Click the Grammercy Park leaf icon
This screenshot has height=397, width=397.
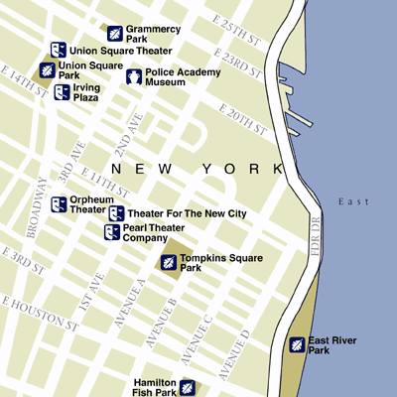[x=115, y=33]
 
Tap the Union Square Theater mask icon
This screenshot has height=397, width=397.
[x=59, y=50]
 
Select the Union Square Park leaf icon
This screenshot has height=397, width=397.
[x=47, y=70]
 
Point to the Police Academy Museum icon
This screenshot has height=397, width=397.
[x=133, y=77]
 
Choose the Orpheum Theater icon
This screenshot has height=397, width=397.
[x=59, y=204]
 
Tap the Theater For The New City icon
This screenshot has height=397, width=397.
[x=115, y=214]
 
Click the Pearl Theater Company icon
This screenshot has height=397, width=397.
[x=112, y=232]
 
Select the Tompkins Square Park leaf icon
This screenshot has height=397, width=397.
[x=169, y=262]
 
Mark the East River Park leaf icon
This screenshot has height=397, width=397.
[x=296, y=344]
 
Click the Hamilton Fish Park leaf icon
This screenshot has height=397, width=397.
[x=186, y=386]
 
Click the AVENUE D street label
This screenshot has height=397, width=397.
[x=235, y=354]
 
